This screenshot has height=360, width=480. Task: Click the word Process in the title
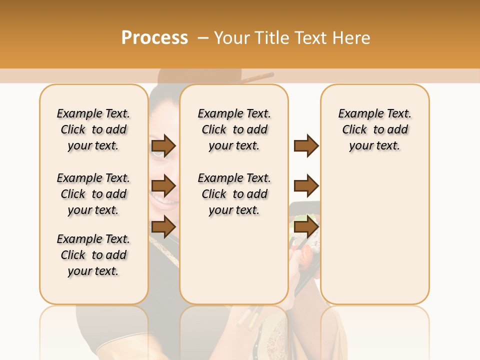click(154, 37)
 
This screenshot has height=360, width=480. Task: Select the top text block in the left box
click(93, 129)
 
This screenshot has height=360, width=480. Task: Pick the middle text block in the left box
click(93, 194)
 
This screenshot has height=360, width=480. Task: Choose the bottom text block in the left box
click(93, 255)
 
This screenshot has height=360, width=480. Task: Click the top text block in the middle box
click(234, 129)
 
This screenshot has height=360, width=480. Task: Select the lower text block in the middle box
click(234, 194)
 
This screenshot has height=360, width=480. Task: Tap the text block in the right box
click(375, 129)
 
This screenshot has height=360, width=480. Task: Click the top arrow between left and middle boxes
click(163, 146)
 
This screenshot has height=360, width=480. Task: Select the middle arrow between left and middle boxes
click(163, 186)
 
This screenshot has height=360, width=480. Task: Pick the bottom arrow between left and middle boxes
click(163, 227)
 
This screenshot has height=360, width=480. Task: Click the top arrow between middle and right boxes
click(306, 146)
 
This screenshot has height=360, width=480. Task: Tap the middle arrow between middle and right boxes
click(306, 186)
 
